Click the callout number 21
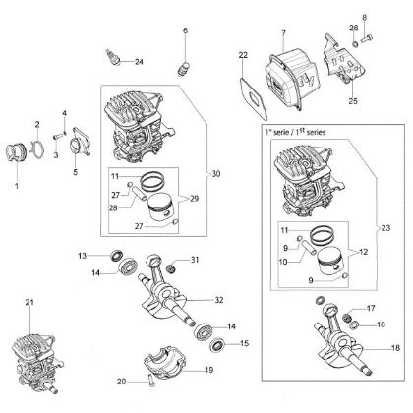tap(29, 302)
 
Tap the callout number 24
tap(139, 62)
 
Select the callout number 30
tap(216, 174)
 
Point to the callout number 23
tap(386, 227)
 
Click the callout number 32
tap(219, 300)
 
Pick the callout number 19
tap(208, 370)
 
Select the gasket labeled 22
tap(254, 98)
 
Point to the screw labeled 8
tap(368, 39)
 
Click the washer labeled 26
tap(355, 43)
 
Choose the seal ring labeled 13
tap(116, 256)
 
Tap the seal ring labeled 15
tap(217, 346)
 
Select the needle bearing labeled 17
tap(346, 318)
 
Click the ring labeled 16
tap(354, 325)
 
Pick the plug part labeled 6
tap(184, 68)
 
